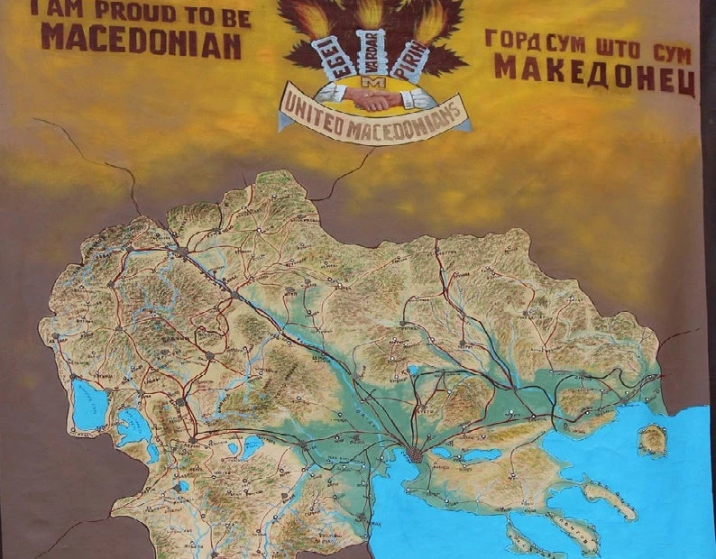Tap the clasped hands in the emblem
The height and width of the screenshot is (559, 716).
point(370,98)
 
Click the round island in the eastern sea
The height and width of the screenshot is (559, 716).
point(652,439)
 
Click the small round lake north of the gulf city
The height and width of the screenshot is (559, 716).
point(411,369)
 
